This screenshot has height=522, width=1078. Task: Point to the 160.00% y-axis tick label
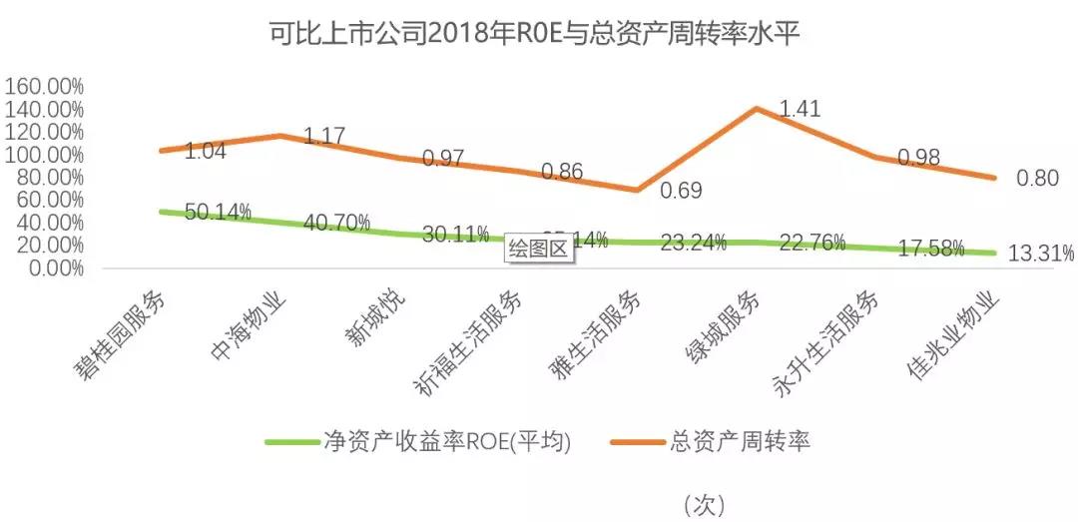(44, 86)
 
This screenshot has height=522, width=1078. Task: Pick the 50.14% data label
(218, 213)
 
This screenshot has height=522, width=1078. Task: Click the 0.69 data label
(682, 190)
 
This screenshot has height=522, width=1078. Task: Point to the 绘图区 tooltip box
(538, 250)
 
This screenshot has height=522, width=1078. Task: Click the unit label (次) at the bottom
(704, 505)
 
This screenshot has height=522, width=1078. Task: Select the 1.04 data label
(206, 152)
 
